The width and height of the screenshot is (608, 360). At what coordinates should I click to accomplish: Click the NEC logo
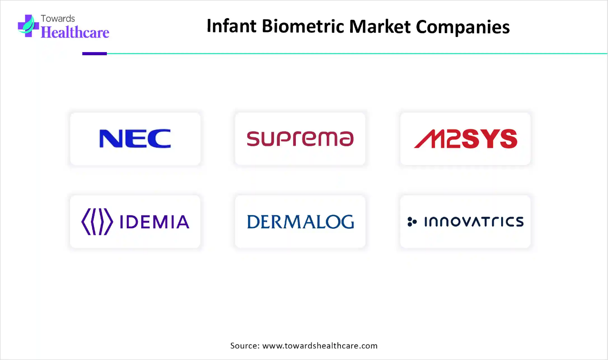tap(135, 139)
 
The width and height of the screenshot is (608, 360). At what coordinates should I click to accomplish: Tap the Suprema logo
tap(300, 139)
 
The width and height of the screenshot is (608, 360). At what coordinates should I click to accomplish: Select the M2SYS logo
tap(465, 139)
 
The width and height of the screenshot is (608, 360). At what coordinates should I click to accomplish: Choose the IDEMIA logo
tap(135, 221)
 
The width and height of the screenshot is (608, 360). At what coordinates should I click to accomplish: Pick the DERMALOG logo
tap(300, 221)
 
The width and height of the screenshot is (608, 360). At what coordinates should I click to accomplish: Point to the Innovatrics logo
tap(465, 221)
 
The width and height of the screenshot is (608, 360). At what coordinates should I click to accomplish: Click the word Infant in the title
tap(232, 27)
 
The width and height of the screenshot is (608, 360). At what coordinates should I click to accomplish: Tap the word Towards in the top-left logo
tap(58, 19)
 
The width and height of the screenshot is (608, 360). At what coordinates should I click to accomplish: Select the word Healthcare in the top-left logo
tap(75, 32)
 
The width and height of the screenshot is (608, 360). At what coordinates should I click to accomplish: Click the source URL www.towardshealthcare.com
tap(320, 345)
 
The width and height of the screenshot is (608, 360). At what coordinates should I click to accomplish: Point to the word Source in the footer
tap(244, 345)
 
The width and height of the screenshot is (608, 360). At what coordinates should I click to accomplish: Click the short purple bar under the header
tap(94, 53)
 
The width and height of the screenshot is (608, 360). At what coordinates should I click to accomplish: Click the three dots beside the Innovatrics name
tap(412, 221)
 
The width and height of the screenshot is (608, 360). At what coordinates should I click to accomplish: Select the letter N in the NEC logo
tap(110, 139)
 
